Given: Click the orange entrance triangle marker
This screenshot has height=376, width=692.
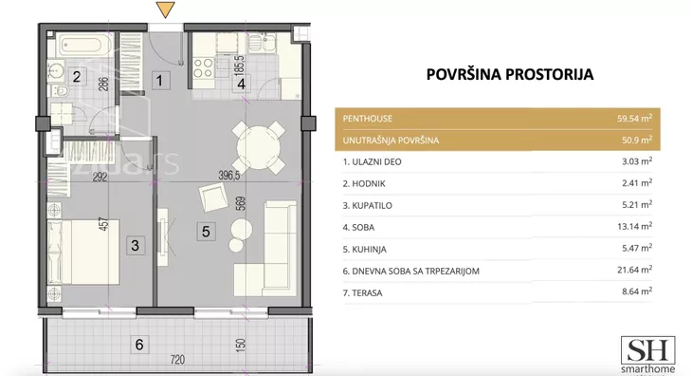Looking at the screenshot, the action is (166, 9).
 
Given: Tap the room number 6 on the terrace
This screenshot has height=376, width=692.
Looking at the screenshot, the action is (139, 345).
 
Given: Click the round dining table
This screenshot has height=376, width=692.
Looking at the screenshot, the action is (259, 147).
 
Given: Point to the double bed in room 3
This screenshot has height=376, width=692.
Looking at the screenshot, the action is (83, 252).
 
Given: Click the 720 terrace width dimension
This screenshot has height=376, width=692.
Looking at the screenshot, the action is (177, 360).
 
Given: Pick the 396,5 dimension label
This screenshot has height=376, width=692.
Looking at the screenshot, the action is (229, 176).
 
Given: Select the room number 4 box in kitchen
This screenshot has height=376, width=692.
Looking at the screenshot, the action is (242, 83).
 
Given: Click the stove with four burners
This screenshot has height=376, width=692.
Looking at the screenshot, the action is (204, 67).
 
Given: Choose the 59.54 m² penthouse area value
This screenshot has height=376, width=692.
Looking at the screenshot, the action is (634, 119).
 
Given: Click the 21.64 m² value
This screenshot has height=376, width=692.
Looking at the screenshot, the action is (634, 270).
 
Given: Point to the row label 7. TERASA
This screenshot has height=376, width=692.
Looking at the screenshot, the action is (362, 293).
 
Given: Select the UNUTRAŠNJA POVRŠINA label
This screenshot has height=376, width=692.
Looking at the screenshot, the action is (391, 141).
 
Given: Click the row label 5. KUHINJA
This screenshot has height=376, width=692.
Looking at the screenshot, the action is (365, 249).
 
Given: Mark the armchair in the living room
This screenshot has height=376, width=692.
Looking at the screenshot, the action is (213, 197).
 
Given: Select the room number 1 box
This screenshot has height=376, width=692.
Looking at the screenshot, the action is (160, 81).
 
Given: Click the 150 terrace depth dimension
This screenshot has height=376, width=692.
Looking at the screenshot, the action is (241, 345).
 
